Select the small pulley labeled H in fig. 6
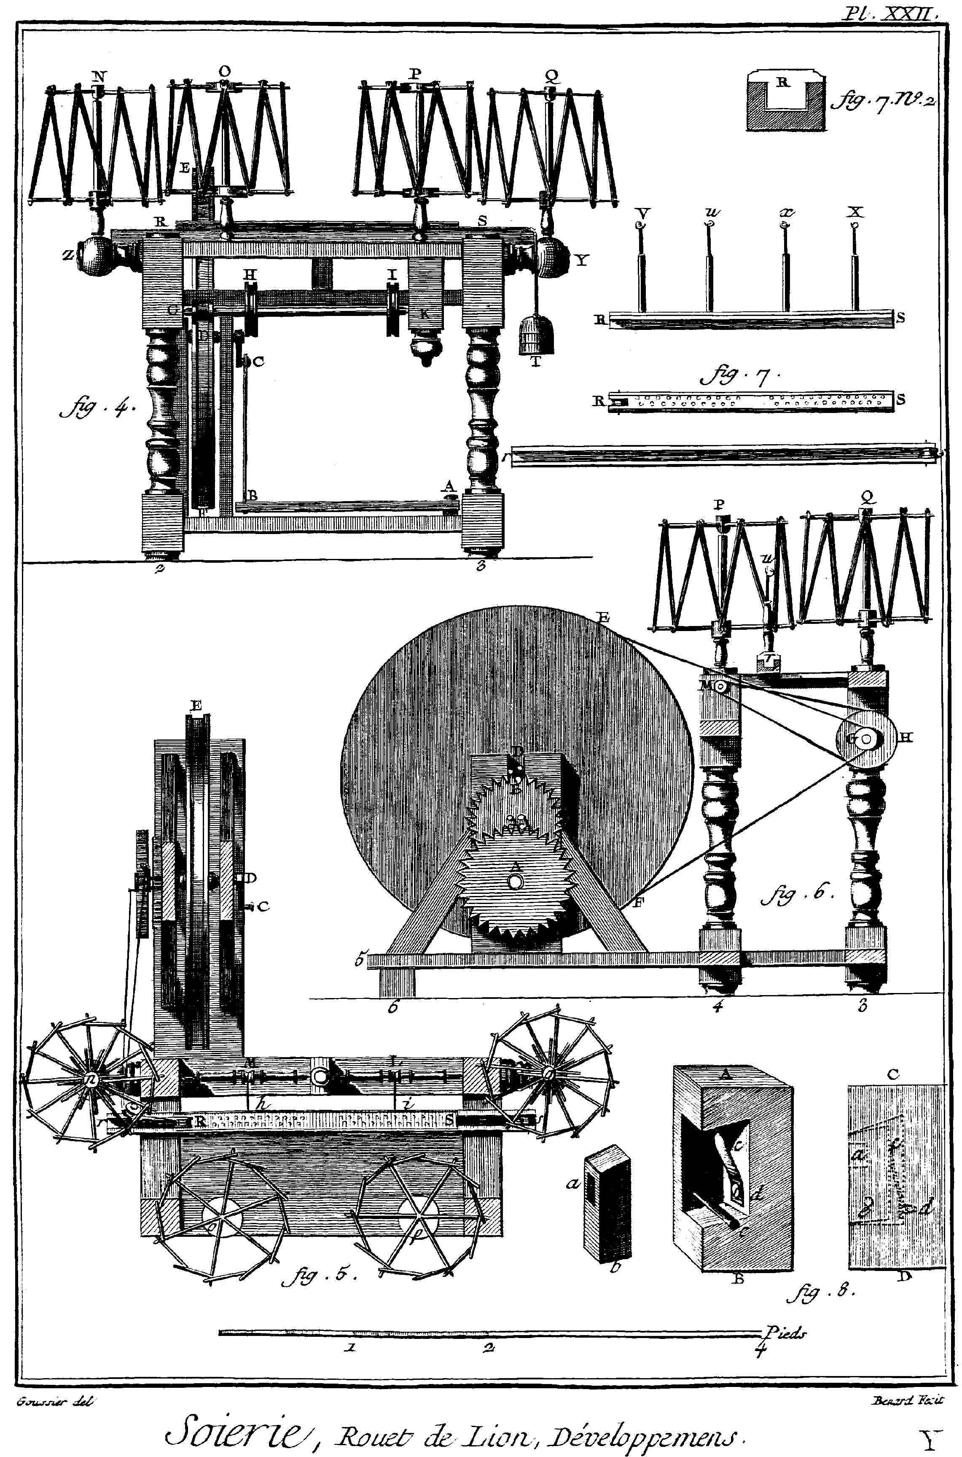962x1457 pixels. tap(865, 740)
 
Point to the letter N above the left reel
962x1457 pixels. tap(98, 76)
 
